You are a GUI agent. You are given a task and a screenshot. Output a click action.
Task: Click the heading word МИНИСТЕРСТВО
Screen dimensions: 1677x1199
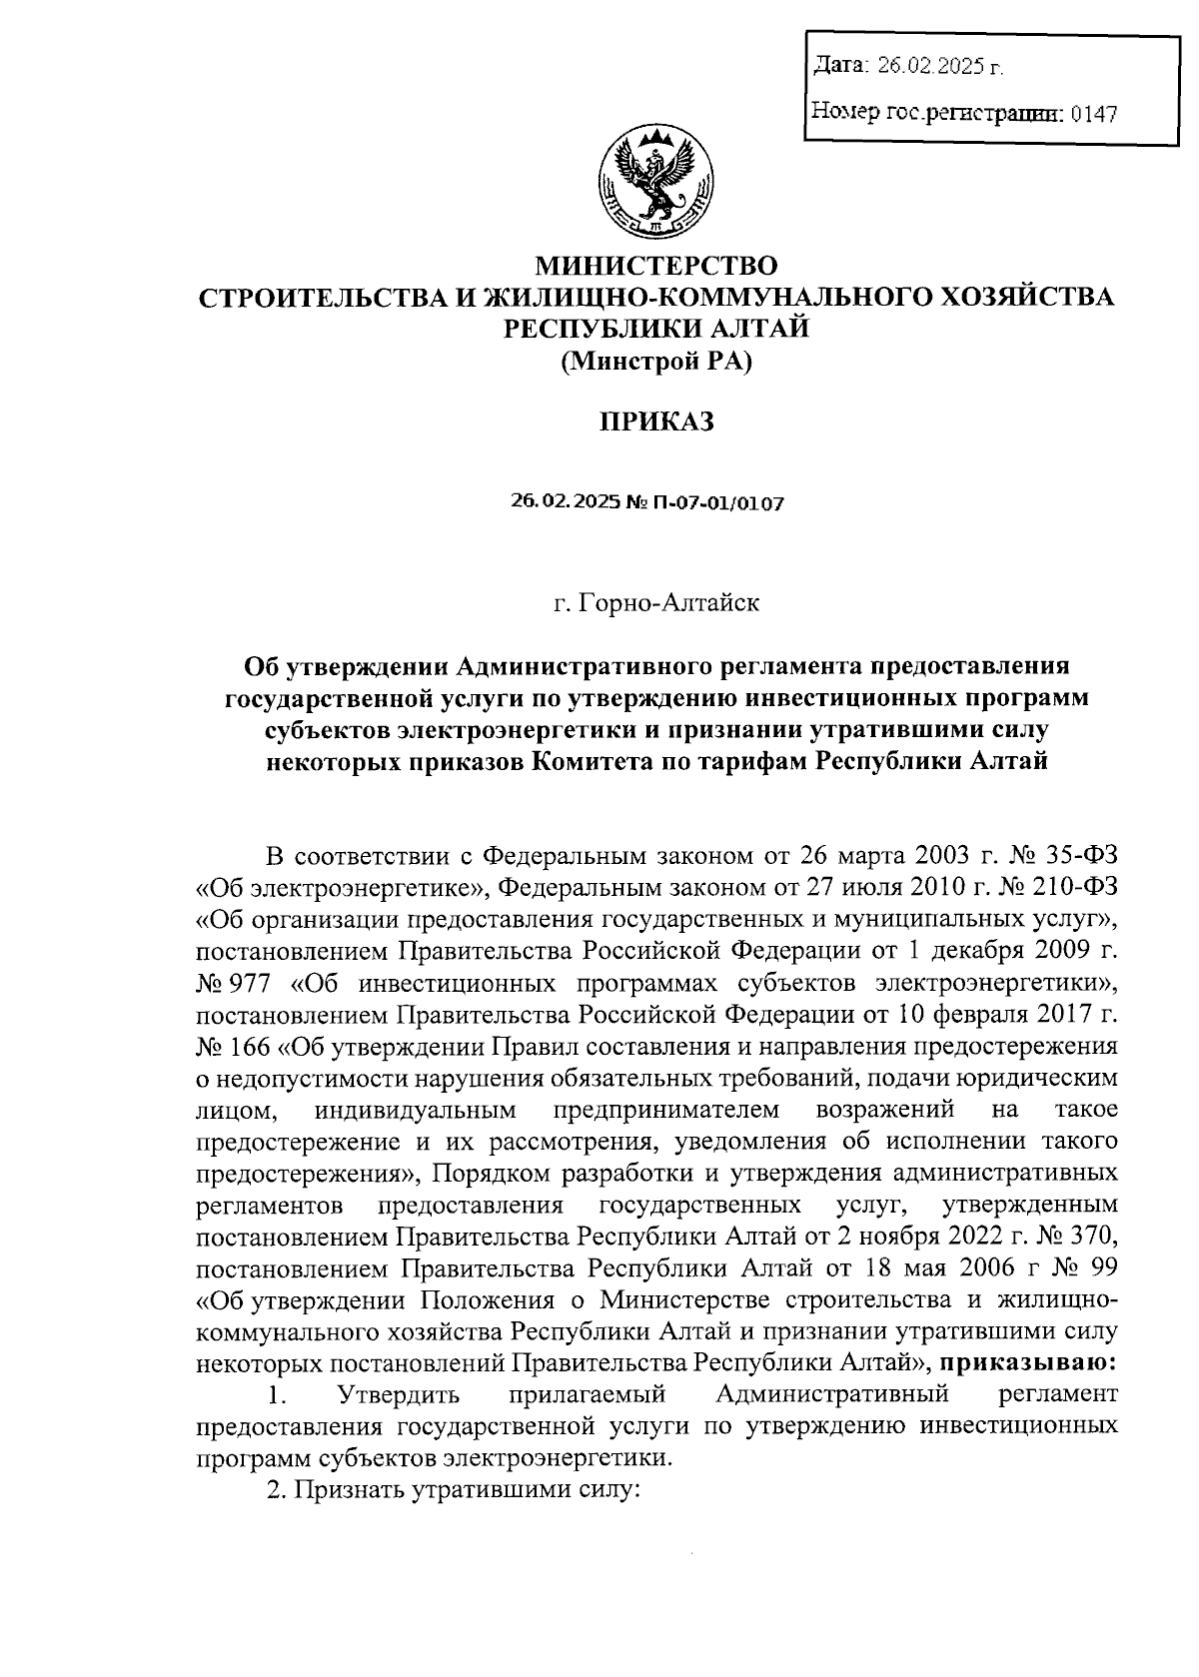[x=656, y=266]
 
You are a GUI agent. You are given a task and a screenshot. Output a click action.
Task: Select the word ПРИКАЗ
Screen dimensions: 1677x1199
[x=656, y=422]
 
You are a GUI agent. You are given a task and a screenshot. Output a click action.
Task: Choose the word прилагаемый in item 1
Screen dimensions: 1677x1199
[x=587, y=1393]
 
